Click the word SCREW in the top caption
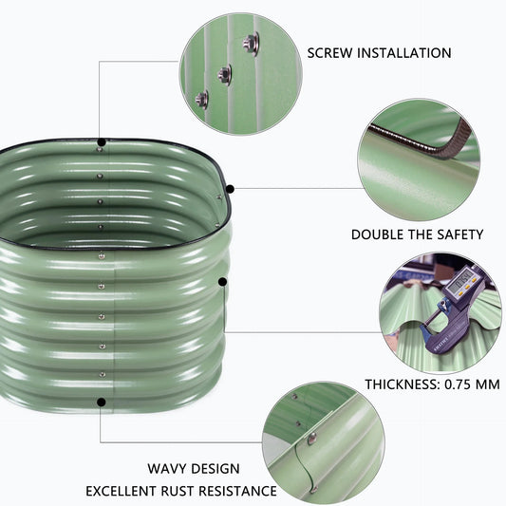[331, 52]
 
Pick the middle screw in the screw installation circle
[224, 70]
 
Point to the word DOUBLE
[378, 234]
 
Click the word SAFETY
[457, 234]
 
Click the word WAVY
[167, 469]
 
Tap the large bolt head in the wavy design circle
[311, 438]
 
